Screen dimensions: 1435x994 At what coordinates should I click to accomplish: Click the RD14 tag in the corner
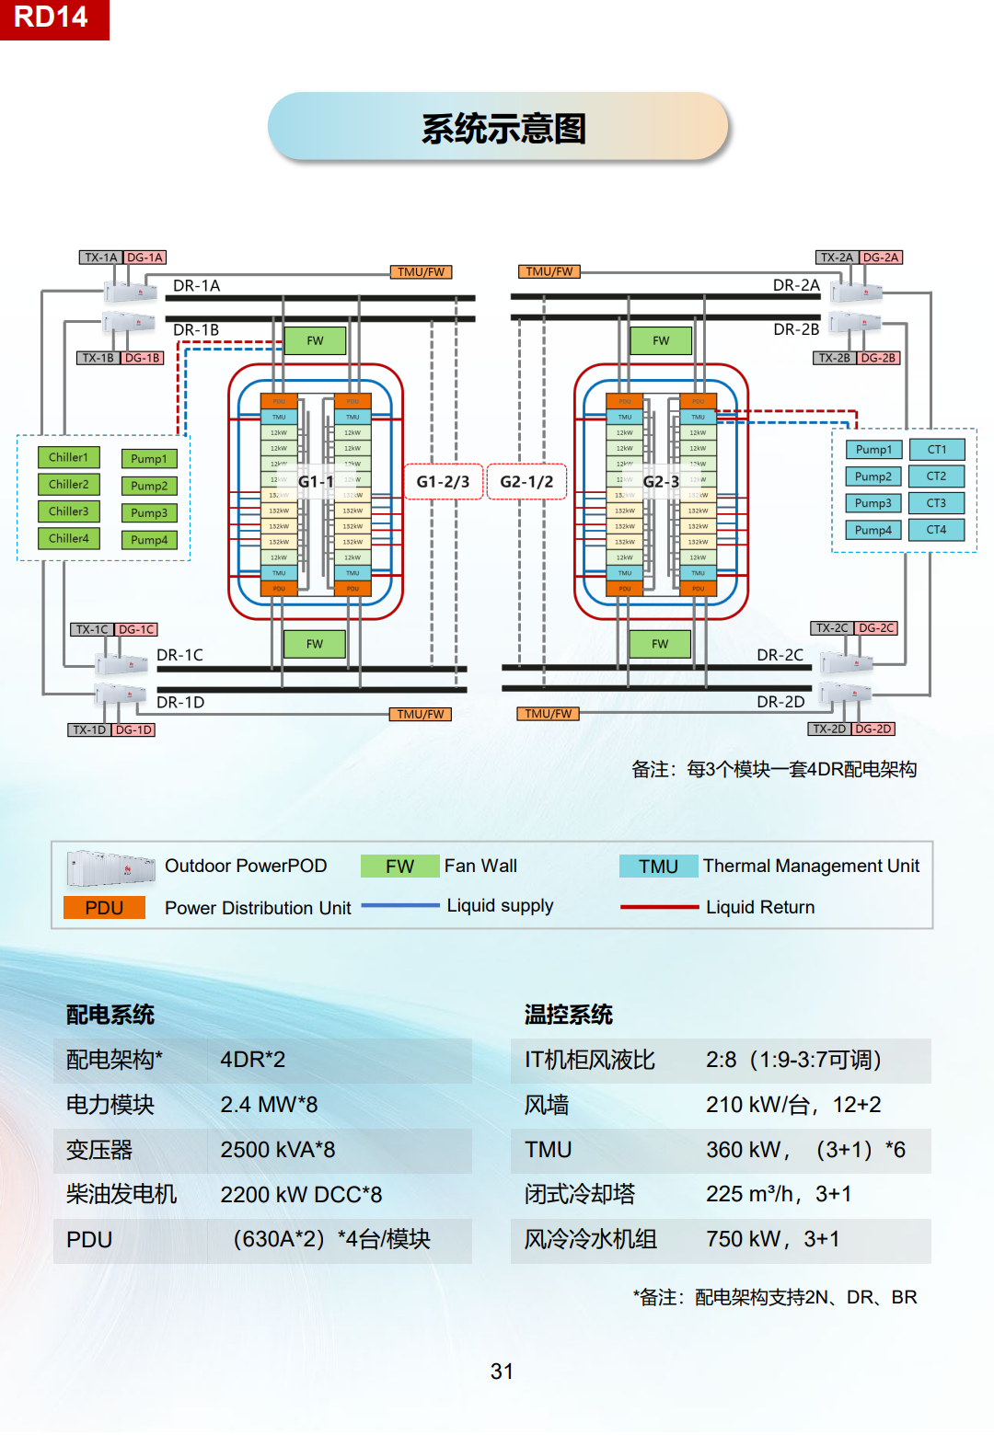tap(52, 17)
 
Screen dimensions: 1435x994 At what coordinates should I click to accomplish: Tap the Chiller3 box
tap(69, 511)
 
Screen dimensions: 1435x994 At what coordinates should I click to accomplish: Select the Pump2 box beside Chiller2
tap(149, 486)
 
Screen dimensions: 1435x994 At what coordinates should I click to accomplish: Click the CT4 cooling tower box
tap(936, 530)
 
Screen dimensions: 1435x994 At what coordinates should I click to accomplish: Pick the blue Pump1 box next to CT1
tap(873, 450)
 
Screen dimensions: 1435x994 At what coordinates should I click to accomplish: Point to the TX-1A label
tap(100, 258)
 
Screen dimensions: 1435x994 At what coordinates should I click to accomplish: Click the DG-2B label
tap(878, 358)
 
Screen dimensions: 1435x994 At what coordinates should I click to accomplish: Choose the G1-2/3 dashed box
tap(443, 481)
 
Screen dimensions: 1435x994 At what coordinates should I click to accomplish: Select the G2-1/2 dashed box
tap(526, 481)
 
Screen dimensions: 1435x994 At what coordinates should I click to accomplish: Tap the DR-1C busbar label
tap(179, 655)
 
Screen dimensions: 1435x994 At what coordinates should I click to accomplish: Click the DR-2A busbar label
tap(796, 285)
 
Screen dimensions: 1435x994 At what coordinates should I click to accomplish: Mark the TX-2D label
tap(828, 729)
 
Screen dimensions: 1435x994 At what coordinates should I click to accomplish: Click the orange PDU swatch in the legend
tap(104, 908)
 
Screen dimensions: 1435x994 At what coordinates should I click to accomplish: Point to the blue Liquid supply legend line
tap(400, 906)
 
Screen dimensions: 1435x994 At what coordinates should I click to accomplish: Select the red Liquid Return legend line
tap(659, 907)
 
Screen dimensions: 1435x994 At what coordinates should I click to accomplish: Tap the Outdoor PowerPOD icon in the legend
tap(110, 867)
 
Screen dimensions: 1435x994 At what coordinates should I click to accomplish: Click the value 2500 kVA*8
tap(278, 1150)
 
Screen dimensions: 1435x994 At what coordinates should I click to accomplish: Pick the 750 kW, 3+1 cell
tap(772, 1239)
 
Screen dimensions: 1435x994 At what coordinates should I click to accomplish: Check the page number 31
tap(502, 1372)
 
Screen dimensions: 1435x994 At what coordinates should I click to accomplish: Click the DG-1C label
tap(136, 629)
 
